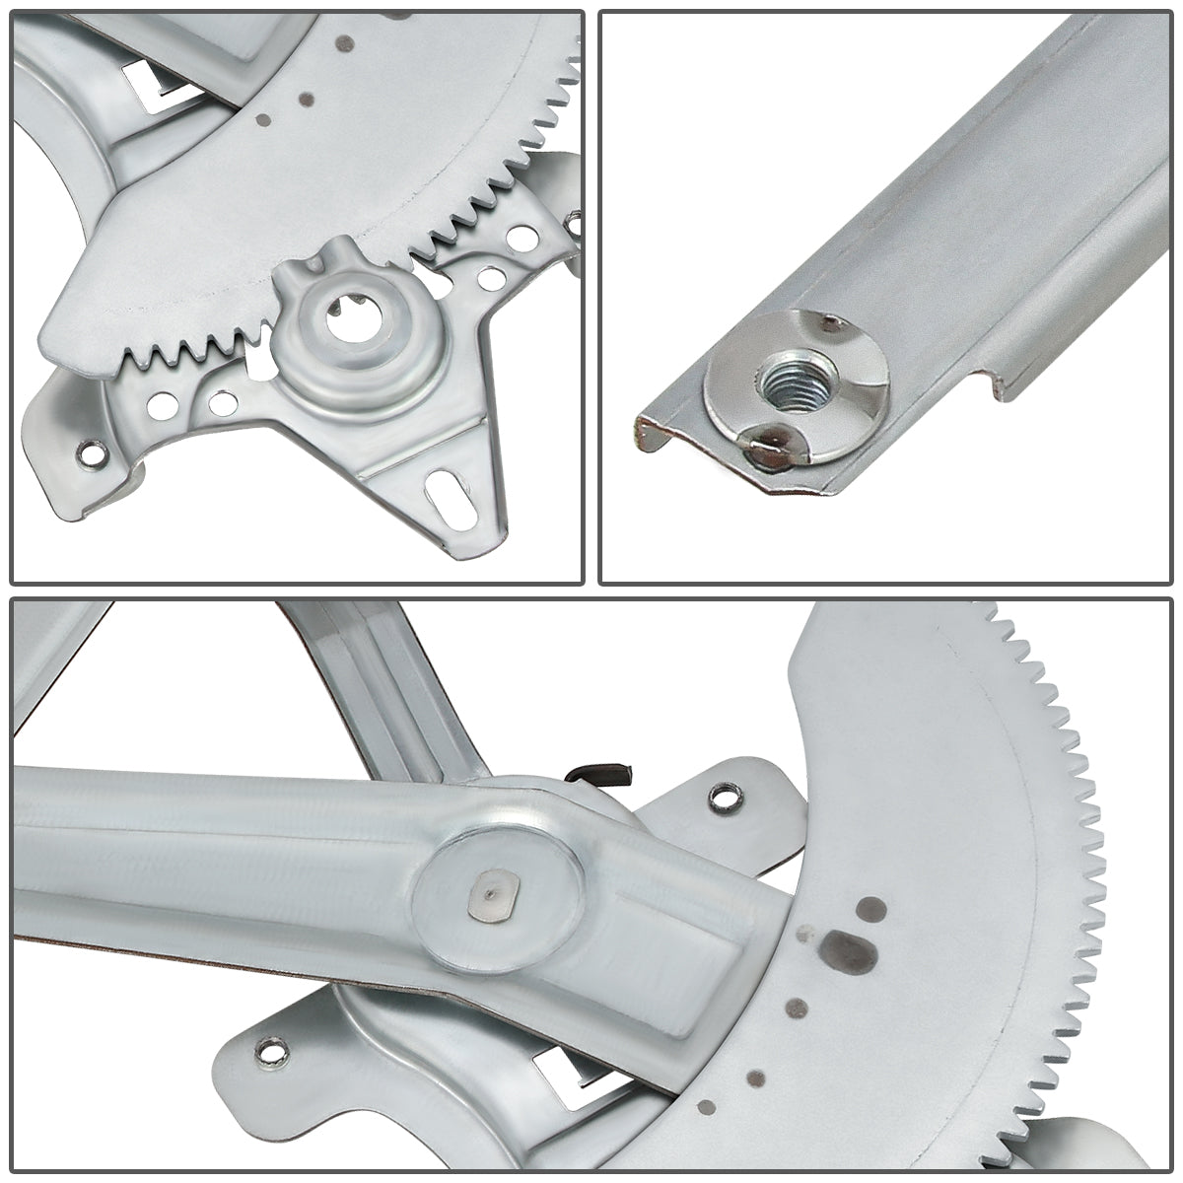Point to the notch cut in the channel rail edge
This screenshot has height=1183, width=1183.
tap(991, 384)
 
